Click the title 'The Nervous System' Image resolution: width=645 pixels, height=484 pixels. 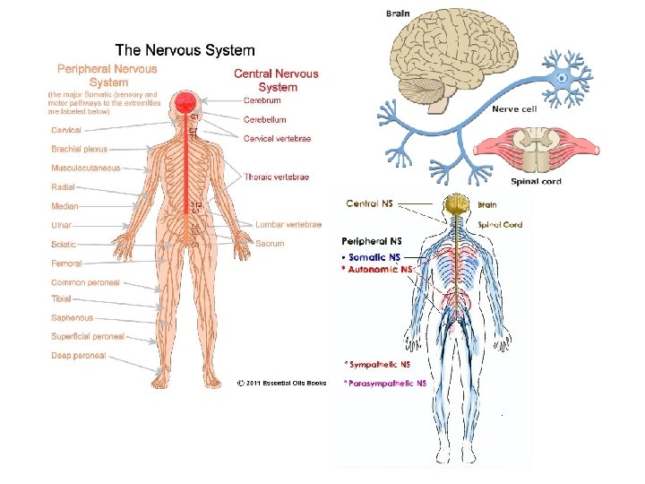[185, 52]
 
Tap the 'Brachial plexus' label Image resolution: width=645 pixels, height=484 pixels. [80, 150]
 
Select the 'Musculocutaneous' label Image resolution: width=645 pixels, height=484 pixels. [86, 169]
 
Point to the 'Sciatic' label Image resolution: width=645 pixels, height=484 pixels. [64, 244]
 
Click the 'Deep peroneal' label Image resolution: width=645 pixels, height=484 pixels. [79, 356]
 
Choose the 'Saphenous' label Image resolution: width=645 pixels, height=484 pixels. [73, 318]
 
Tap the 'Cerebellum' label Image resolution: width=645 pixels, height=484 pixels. [265, 119]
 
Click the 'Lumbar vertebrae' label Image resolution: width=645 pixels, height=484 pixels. [288, 225]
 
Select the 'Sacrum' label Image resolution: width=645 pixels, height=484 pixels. [270, 244]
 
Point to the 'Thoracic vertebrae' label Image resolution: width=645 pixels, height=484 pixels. [277, 177]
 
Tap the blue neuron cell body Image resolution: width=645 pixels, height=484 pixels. [563, 78]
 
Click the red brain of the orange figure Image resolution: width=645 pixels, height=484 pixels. [187, 100]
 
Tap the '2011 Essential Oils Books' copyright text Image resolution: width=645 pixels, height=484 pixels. [281, 384]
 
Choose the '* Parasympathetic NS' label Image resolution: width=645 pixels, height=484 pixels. [386, 383]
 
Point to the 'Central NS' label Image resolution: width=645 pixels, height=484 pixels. [369, 203]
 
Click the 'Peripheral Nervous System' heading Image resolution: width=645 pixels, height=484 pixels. [107, 74]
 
